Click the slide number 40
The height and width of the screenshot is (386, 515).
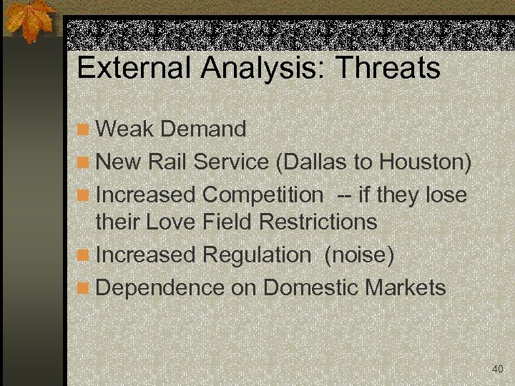(497, 369)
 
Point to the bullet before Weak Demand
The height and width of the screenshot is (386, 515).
(84, 130)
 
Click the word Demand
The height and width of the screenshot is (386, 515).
(203, 129)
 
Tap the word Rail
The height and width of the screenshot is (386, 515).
(169, 162)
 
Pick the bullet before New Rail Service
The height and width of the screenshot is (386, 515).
(84, 163)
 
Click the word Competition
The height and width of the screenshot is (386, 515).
(263, 194)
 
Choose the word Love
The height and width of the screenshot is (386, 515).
(172, 222)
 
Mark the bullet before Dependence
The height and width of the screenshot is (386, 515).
(84, 288)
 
